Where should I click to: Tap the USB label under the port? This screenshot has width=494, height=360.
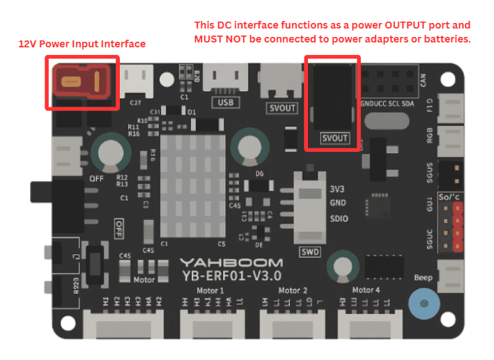coord(225,102)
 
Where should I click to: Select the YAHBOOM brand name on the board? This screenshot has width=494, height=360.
coord(232,263)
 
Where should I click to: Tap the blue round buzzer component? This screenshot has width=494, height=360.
coord(423,303)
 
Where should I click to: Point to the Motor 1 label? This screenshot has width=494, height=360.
coord(212,290)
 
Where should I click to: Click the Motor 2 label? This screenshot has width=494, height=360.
coord(293,290)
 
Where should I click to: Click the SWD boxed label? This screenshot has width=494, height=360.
coord(309,251)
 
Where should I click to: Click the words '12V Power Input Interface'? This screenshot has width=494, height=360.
coord(82,44)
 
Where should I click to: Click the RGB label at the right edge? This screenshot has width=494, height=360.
coord(431,135)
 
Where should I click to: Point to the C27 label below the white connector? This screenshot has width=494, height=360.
coord(135,102)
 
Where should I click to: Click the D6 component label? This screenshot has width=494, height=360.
coord(259,173)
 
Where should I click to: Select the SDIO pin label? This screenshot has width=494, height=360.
coord(338,219)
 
